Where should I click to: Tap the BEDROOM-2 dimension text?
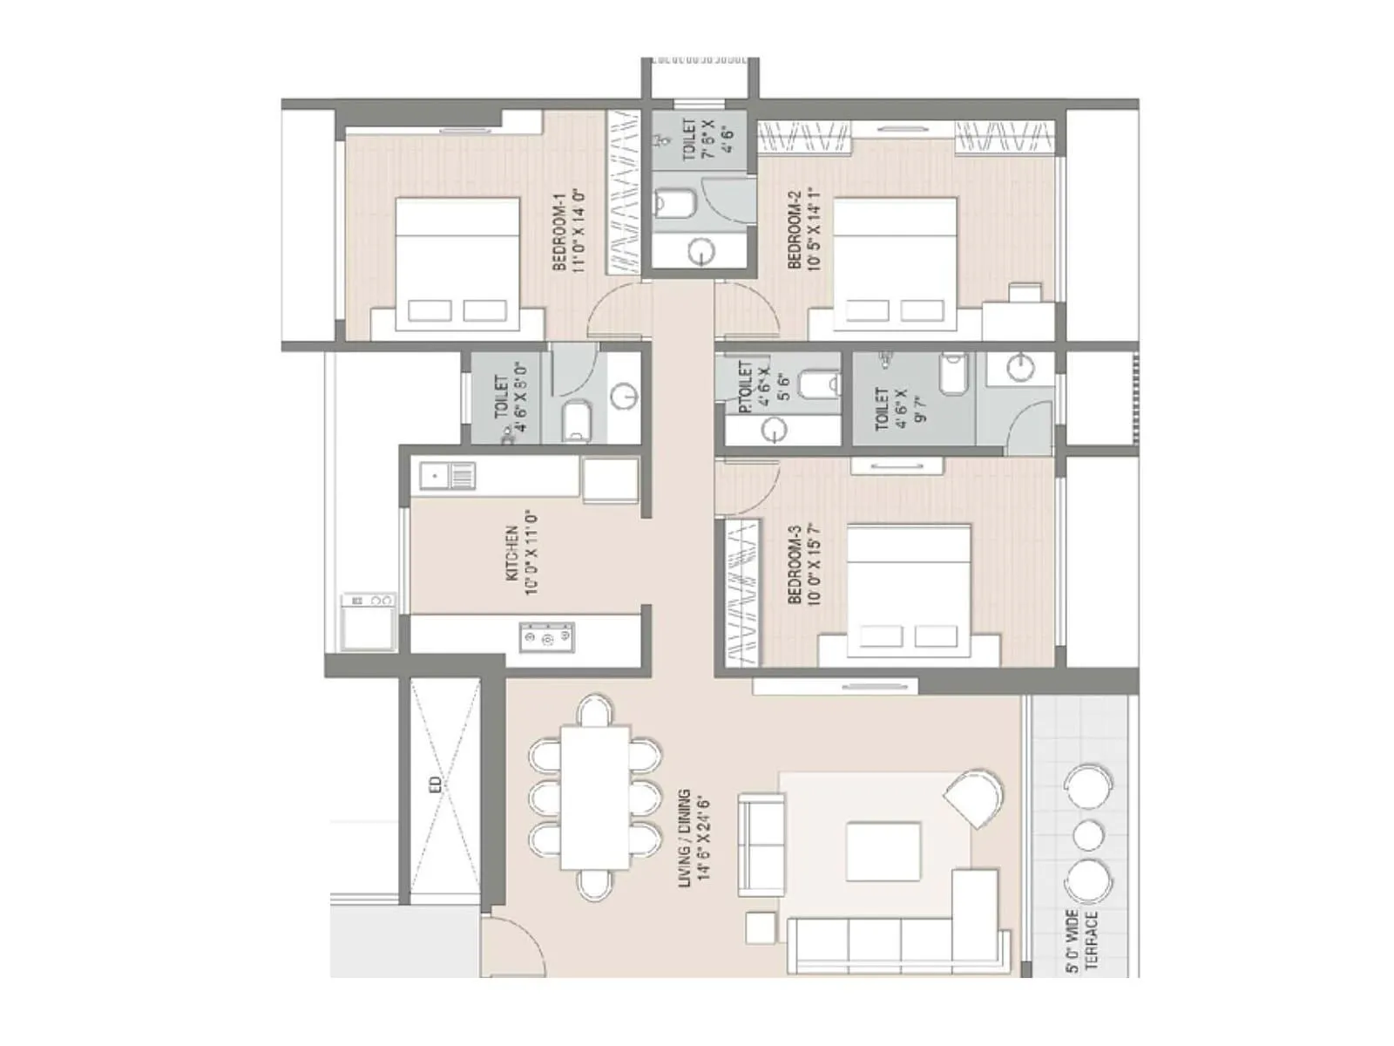(815, 229)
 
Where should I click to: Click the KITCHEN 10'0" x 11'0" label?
(520, 554)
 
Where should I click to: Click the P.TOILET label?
(746, 388)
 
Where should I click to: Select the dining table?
(595, 797)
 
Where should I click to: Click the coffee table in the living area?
(883, 850)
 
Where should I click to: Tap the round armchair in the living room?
(974, 798)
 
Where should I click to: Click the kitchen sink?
(447, 476)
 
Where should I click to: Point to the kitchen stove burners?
(546, 637)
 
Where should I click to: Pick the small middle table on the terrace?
(1088, 834)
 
